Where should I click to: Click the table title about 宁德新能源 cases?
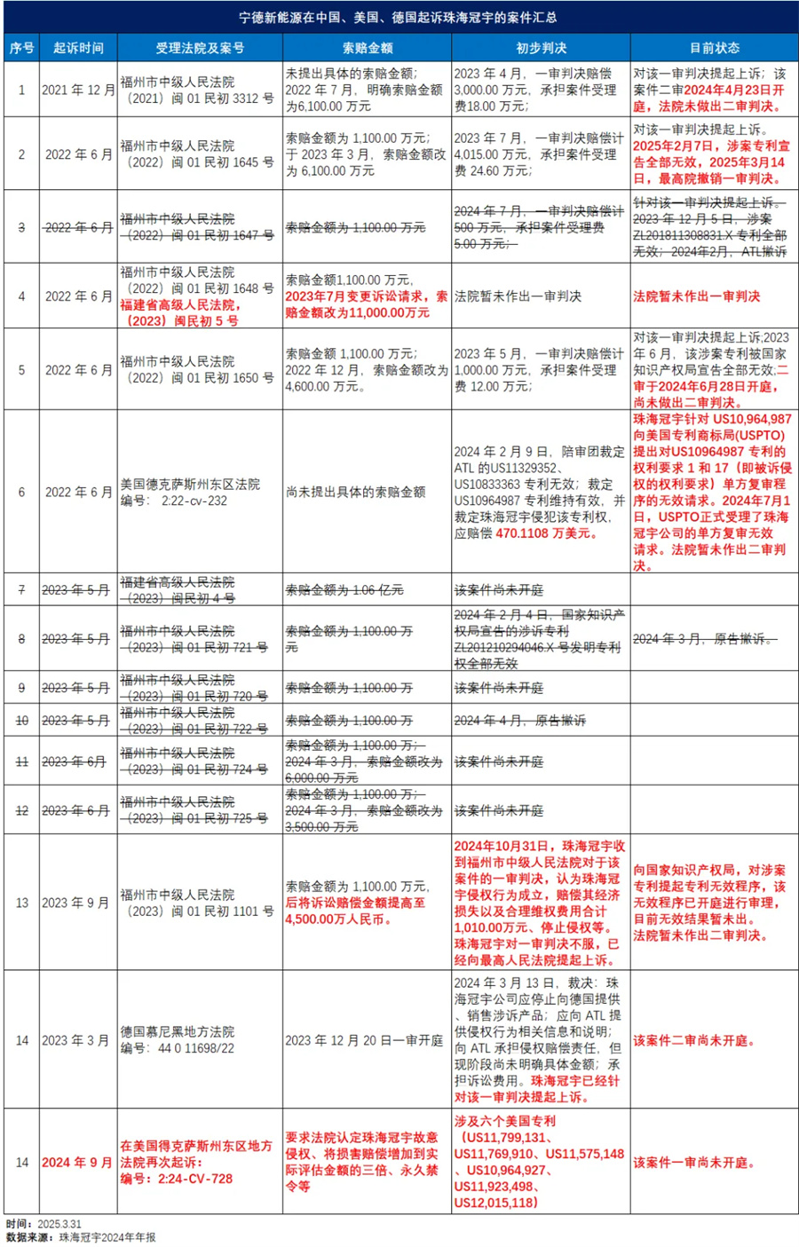399,17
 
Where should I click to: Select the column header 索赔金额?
368,48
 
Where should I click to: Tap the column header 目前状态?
714,48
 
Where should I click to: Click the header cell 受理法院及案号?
200,48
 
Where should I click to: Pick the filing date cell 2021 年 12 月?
79,90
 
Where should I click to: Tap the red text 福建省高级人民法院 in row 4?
180,304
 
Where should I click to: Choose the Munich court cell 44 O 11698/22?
178,1040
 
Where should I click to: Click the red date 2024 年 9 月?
77,1163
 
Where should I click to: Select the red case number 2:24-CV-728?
177,1179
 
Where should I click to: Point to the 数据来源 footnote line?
81,1237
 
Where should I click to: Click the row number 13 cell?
22,903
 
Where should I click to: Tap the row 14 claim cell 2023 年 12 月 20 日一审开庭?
364,1040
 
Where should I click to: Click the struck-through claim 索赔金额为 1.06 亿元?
344,590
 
